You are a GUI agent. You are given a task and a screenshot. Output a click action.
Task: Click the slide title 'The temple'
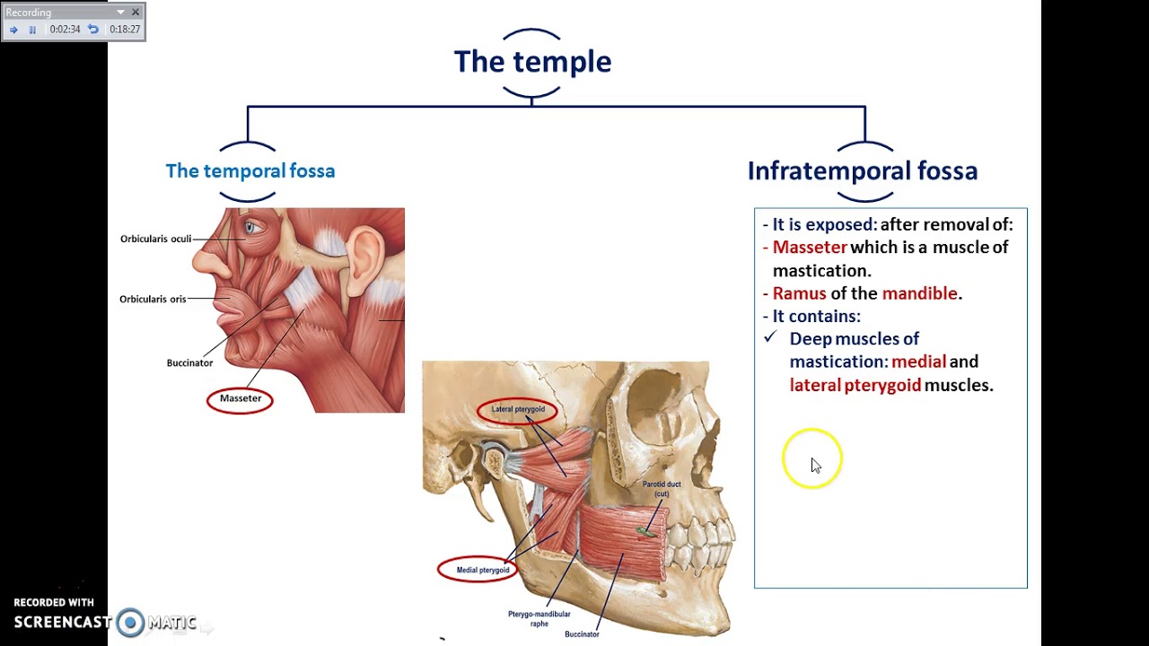(532, 62)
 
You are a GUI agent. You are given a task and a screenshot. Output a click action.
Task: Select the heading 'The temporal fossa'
(250, 171)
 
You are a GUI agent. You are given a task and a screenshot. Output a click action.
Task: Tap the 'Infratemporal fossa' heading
(862, 171)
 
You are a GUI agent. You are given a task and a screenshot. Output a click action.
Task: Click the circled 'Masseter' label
(240, 398)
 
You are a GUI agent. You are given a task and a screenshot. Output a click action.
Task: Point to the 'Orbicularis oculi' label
(155, 239)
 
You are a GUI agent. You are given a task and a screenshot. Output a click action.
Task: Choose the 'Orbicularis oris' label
(153, 299)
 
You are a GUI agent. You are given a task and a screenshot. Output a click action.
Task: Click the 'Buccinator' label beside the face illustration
(189, 362)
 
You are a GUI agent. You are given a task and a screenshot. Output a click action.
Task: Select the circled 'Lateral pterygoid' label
(517, 409)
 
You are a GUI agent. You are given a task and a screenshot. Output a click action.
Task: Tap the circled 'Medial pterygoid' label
(482, 570)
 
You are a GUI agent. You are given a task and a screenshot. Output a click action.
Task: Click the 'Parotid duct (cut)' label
(662, 489)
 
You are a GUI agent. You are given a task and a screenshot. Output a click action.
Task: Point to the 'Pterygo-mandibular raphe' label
(539, 618)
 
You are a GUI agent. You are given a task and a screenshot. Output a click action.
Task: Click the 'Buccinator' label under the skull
(582, 634)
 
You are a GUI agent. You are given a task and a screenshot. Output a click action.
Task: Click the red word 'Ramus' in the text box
(799, 293)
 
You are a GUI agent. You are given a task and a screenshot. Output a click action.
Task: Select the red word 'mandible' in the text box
(919, 293)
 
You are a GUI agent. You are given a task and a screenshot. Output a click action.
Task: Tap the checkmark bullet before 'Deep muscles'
(769, 338)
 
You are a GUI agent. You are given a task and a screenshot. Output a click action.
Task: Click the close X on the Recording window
(136, 12)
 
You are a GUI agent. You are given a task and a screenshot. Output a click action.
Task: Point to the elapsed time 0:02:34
(65, 30)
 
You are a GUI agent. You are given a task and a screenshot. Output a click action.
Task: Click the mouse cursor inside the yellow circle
(815, 465)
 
